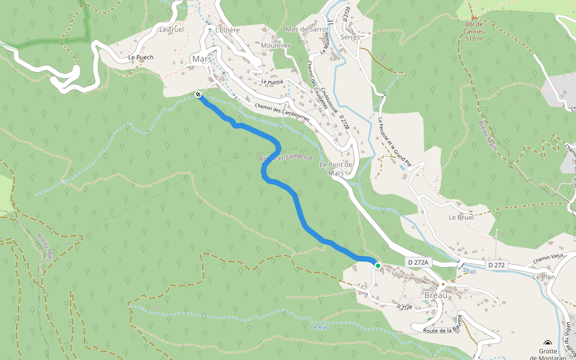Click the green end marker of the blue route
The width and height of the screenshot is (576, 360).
point(377,265)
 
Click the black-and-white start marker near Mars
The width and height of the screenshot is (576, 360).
point(199,94)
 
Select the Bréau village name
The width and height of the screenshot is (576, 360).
point(436,295)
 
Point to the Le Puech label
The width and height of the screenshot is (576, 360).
point(141,58)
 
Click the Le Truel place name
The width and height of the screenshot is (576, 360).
point(171,29)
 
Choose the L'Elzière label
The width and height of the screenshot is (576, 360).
point(227,29)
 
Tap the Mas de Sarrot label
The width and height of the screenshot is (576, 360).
point(307,29)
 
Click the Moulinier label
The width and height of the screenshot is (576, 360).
point(276,46)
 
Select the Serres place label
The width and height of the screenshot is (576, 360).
point(350,37)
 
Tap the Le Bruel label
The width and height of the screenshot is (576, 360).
point(461,217)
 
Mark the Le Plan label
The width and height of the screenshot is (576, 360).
point(544,277)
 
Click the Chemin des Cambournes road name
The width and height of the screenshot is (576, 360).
point(282,113)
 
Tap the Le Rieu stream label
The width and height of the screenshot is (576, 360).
point(320,327)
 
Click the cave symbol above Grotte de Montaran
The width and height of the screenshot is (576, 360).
point(547,341)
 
